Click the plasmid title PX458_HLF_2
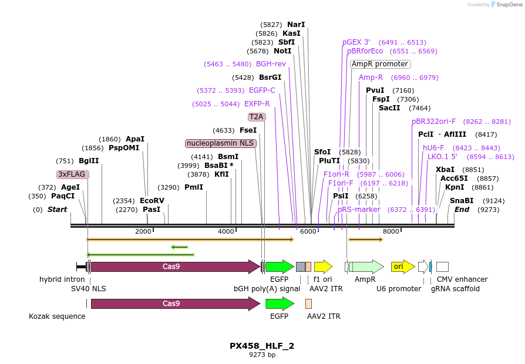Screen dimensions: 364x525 tap(262, 346)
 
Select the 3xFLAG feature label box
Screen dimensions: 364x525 tap(72, 174)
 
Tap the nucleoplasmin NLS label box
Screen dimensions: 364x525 tap(220, 143)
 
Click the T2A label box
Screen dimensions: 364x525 tap(257, 117)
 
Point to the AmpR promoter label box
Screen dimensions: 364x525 tap(380, 64)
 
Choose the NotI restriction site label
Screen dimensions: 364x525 tap(282, 51)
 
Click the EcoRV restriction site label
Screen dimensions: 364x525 tap(152, 201)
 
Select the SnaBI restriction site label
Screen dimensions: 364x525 tap(462, 201)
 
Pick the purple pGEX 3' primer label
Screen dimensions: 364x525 tap(356, 42)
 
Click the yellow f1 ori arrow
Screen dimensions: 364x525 tap(323, 267)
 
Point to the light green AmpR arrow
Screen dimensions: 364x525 tap(366, 267)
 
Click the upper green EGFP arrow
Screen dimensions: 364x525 tap(280, 267)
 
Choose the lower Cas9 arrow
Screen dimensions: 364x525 tap(175, 304)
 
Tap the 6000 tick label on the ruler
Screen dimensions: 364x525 tap(308, 232)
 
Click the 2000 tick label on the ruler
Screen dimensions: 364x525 tap(143, 232)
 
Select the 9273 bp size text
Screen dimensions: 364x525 tap(262, 355)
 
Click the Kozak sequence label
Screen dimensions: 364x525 tap(57, 316)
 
